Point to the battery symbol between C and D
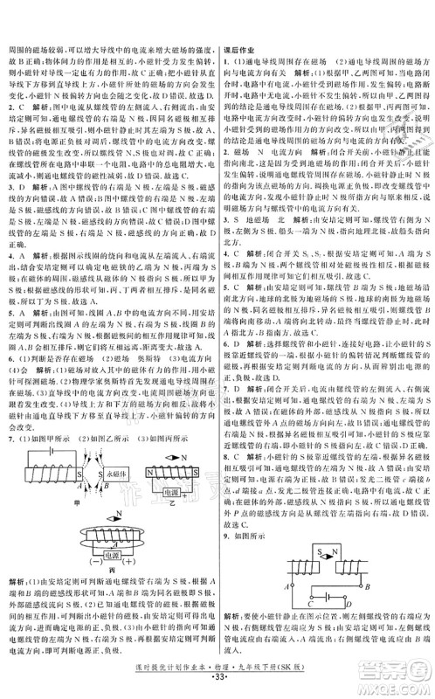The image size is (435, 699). (x=327, y=605)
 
